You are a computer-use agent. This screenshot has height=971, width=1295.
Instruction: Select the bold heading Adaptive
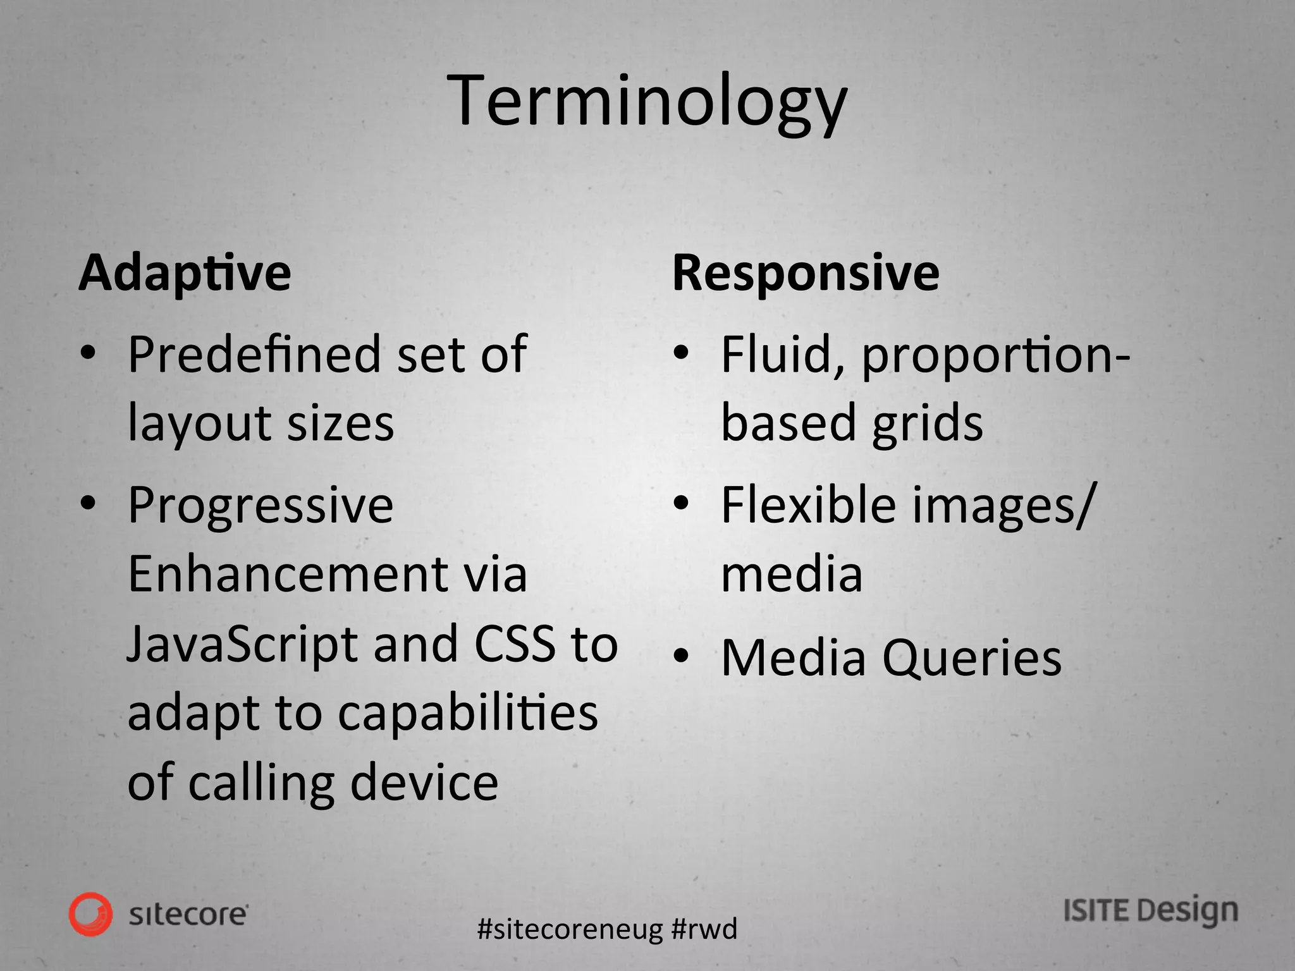click(185, 273)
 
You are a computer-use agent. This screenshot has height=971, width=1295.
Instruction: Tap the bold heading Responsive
click(806, 273)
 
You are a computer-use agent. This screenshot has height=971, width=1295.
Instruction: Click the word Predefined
click(254, 354)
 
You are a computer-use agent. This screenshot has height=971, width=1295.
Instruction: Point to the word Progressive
click(261, 506)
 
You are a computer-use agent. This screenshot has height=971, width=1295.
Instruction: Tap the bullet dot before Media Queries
click(680, 657)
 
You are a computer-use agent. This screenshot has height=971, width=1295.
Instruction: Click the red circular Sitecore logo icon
click(91, 914)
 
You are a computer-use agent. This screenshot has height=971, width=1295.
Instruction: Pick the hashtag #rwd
click(704, 929)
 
